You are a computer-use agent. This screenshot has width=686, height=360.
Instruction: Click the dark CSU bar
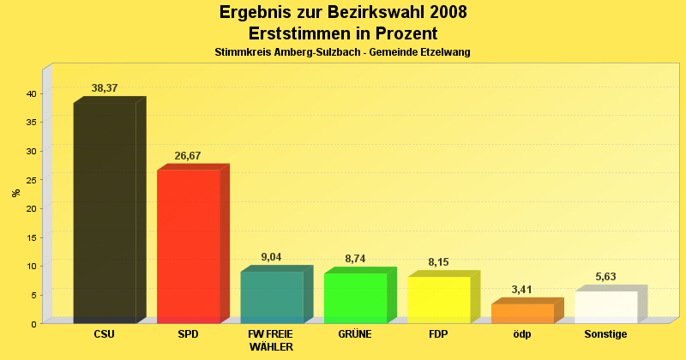click(x=105, y=213)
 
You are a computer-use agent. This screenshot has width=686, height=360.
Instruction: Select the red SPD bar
click(x=188, y=246)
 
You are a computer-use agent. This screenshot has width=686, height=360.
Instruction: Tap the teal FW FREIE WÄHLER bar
click(x=272, y=297)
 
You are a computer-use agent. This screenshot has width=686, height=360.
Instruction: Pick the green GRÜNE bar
click(x=355, y=297)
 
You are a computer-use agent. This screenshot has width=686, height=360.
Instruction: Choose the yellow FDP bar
click(x=438, y=299)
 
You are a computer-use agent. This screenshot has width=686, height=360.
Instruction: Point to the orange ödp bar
click(x=522, y=313)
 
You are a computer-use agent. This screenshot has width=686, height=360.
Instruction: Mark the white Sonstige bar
click(x=605, y=307)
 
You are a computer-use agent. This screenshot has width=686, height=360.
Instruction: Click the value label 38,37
click(x=105, y=88)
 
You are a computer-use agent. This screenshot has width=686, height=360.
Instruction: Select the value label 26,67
click(x=188, y=156)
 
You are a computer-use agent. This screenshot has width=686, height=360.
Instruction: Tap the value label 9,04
click(x=271, y=257)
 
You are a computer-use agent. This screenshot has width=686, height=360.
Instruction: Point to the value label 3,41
click(x=522, y=290)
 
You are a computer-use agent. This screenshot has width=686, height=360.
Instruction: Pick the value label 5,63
click(x=605, y=277)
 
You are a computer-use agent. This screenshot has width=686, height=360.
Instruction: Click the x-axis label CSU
click(x=105, y=334)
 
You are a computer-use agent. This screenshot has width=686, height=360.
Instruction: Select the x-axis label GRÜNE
click(x=355, y=334)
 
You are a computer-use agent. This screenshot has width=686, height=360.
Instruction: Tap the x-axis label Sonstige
click(x=605, y=334)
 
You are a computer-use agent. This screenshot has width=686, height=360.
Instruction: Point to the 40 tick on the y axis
click(x=31, y=93)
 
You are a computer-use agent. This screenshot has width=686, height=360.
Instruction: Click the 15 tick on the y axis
click(x=31, y=237)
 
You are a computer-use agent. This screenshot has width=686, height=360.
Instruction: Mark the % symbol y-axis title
click(x=16, y=193)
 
